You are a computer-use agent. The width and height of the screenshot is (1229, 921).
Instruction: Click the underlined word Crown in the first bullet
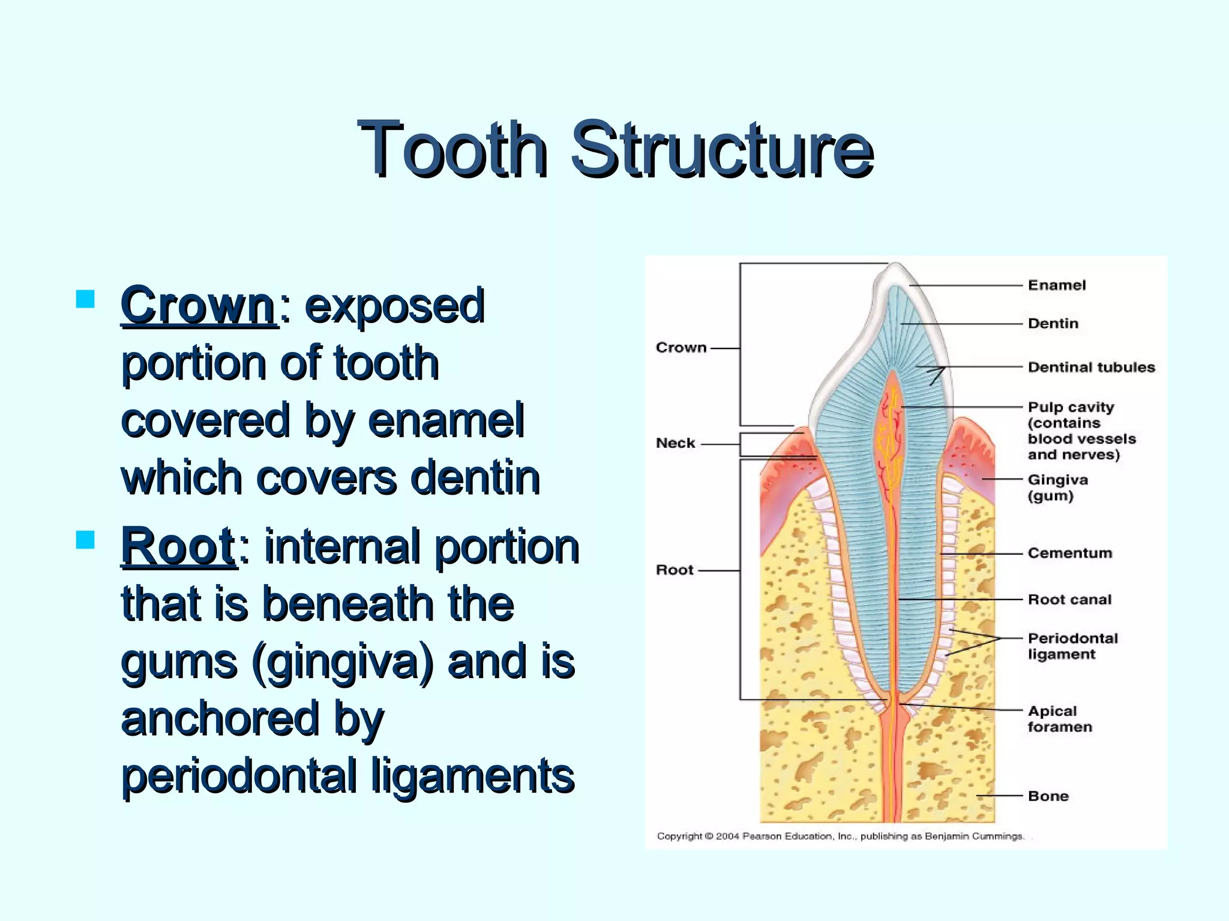pyautogui.click(x=198, y=306)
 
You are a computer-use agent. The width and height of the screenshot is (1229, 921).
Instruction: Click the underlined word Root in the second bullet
pyautogui.click(x=178, y=546)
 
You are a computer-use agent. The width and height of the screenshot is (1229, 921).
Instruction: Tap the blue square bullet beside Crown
pyautogui.click(x=86, y=299)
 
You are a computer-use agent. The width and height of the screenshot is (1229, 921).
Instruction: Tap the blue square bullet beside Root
pyautogui.click(x=86, y=539)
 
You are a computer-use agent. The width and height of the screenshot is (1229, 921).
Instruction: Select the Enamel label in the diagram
pyautogui.click(x=1056, y=285)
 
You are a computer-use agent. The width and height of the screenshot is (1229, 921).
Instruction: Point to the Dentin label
pyautogui.click(x=1053, y=324)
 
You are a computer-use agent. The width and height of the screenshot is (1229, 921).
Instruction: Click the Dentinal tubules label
pyautogui.click(x=1091, y=367)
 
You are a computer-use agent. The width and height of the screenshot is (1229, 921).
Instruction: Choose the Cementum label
pyautogui.click(x=1069, y=553)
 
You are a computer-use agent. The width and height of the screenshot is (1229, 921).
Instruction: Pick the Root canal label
pyautogui.click(x=1069, y=600)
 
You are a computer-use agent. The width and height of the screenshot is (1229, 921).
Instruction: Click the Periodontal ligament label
pyautogui.click(x=1072, y=646)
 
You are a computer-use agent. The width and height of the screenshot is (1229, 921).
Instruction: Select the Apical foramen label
pyautogui.click(x=1059, y=719)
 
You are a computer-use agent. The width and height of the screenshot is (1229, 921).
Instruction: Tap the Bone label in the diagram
pyautogui.click(x=1048, y=796)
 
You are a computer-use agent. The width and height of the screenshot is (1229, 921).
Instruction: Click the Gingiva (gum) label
pyautogui.click(x=1057, y=487)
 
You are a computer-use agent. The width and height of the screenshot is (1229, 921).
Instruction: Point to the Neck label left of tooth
pyautogui.click(x=675, y=443)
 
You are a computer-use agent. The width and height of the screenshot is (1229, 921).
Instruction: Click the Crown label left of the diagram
pyautogui.click(x=681, y=348)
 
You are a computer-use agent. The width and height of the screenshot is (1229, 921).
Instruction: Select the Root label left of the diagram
pyautogui.click(x=675, y=570)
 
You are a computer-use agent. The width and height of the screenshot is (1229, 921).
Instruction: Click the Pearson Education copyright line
pyautogui.click(x=840, y=836)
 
